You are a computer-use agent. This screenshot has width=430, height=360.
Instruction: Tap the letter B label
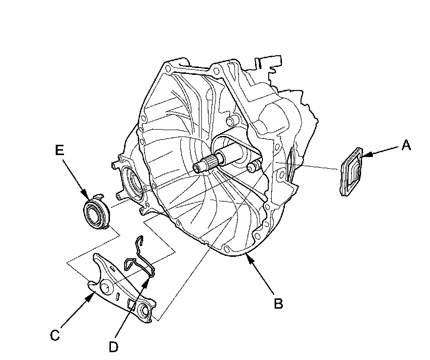(278, 304)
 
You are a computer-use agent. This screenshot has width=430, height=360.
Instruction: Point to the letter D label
(113, 347)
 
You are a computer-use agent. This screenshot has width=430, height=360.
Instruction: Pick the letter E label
(60, 151)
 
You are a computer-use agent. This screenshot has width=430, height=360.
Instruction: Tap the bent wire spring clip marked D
(139, 257)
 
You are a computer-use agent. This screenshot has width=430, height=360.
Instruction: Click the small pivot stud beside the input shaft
(253, 167)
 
